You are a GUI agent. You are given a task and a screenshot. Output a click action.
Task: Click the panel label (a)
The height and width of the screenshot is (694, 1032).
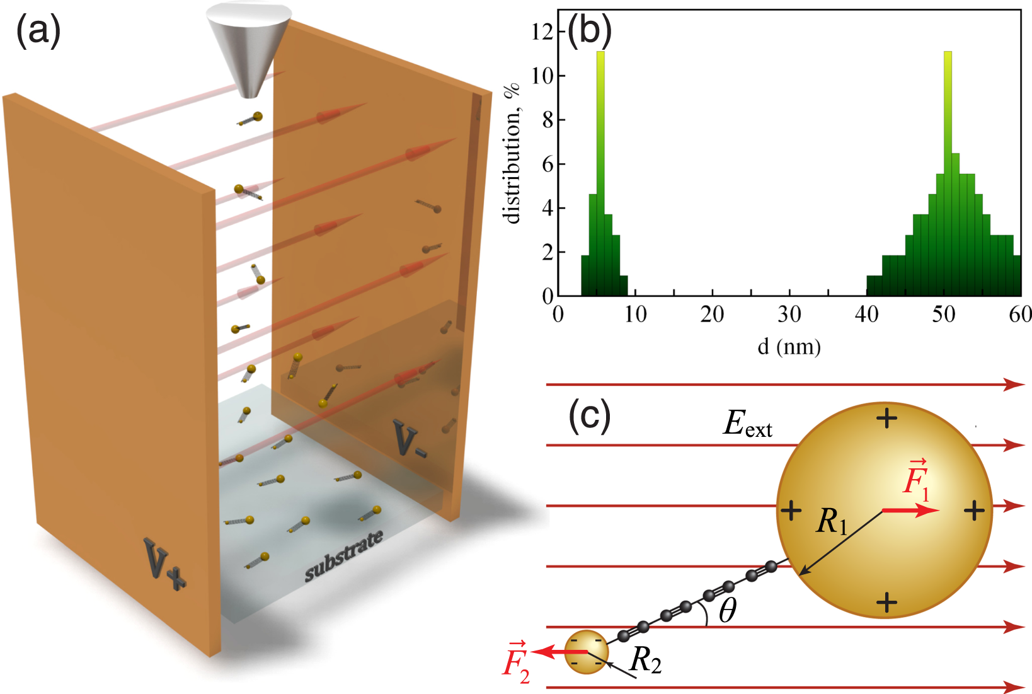[38, 32]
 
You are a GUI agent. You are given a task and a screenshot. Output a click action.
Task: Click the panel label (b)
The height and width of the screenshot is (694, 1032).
[589, 32]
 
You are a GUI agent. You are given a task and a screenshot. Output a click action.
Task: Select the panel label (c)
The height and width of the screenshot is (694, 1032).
[589, 416]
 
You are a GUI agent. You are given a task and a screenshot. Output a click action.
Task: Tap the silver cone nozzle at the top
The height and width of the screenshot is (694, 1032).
[249, 50]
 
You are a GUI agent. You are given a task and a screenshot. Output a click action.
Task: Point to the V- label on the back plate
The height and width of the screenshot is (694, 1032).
[410, 439]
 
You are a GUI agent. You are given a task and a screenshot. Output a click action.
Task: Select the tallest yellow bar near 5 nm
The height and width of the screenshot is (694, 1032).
[600, 126]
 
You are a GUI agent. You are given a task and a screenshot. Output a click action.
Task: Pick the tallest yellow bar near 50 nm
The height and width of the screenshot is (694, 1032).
[948, 126]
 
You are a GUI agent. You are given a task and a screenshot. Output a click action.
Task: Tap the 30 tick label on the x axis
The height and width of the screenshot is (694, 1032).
[789, 314]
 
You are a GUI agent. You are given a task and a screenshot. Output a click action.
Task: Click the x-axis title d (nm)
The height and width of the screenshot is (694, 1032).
[789, 346]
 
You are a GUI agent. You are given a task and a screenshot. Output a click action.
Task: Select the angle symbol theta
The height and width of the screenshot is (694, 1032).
[728, 610]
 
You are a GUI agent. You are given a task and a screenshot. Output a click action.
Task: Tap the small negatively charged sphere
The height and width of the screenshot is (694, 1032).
[587, 652]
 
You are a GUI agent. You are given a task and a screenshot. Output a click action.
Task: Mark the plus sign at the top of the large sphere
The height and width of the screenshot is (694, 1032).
[887, 418]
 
